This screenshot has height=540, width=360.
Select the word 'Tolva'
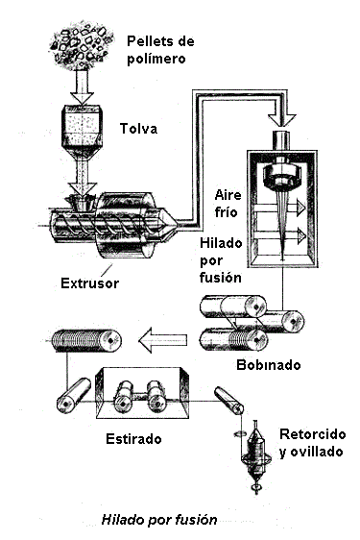click(x=138, y=129)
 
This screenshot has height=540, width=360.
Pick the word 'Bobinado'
click(x=268, y=365)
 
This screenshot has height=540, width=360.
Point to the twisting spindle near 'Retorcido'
click(x=256, y=452)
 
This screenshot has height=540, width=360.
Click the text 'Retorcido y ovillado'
click(x=308, y=443)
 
